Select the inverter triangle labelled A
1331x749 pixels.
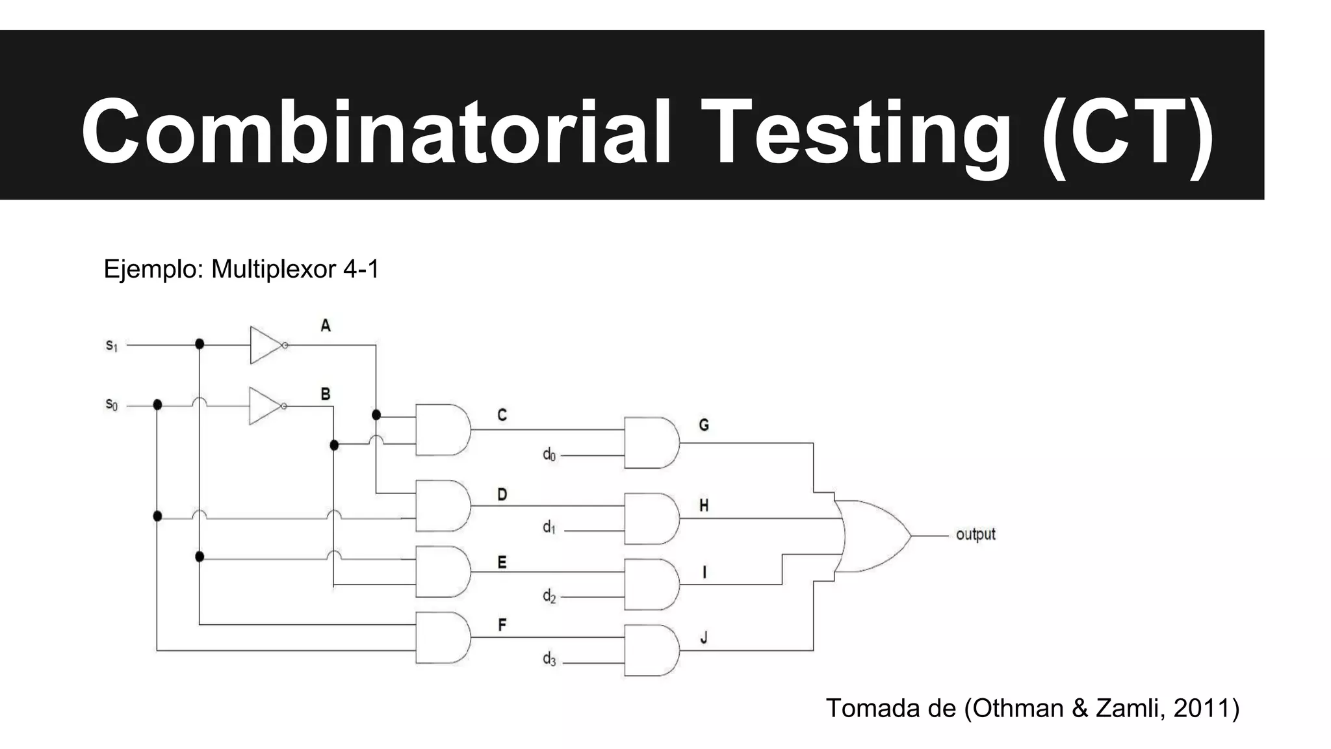(x=265, y=345)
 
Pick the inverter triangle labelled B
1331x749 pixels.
(x=264, y=406)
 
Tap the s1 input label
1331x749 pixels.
(x=112, y=346)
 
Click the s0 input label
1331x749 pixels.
(x=112, y=406)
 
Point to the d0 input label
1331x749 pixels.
(x=549, y=455)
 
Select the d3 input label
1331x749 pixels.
(x=549, y=660)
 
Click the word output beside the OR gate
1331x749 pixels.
(x=976, y=534)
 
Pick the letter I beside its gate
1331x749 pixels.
(x=704, y=572)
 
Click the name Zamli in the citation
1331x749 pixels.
(x=1130, y=708)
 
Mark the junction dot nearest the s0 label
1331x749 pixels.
(x=157, y=405)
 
